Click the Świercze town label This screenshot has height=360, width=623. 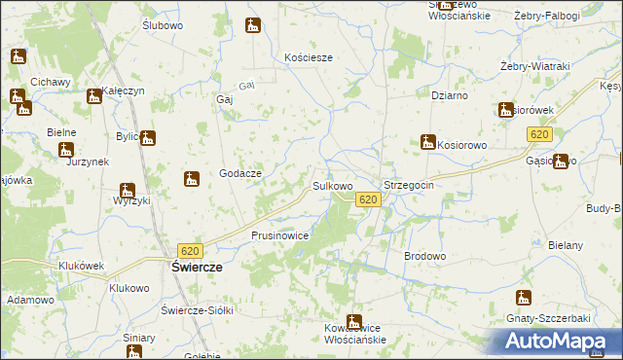(198, 267)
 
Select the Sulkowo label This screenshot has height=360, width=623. (331, 185)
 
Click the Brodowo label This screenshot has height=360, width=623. (424, 256)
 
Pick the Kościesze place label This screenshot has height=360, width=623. (309, 57)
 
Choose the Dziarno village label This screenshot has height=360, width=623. (451, 95)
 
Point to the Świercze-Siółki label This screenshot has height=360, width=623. (199, 309)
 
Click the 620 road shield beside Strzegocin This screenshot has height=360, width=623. (367, 199)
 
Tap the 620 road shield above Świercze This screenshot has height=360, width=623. (191, 251)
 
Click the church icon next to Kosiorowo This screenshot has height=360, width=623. (427, 142)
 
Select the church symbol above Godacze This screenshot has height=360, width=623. (192, 178)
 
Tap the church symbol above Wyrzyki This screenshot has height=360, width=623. (128, 191)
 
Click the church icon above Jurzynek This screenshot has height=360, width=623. (66, 150)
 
